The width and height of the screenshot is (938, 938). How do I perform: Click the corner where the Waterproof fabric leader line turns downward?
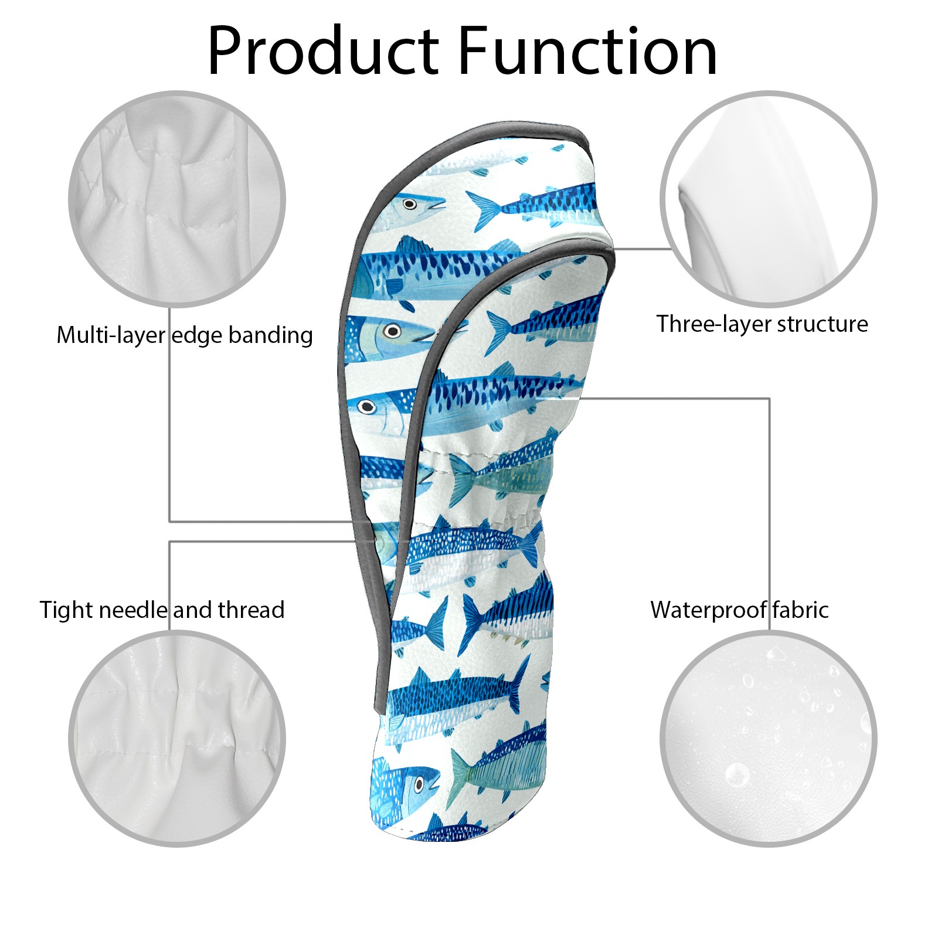pyautogui.click(x=769, y=399)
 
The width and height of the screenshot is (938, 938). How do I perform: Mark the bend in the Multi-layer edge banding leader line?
pyautogui.click(x=170, y=521)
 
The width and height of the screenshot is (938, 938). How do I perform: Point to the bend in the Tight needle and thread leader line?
pyautogui.click(x=170, y=542)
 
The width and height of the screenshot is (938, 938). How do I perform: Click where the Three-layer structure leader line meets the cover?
pyautogui.click(x=613, y=249)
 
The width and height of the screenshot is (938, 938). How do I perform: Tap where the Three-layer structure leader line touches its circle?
pyautogui.click(x=672, y=249)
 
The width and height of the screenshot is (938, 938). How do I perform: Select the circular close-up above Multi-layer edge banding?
pyautogui.click(x=177, y=199)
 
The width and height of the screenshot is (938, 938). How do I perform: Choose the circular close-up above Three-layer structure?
pyautogui.click(x=769, y=199)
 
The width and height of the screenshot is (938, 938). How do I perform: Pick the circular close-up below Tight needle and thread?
pyautogui.click(x=177, y=738)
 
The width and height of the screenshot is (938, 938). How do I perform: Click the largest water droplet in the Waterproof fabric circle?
pyautogui.click(x=737, y=775)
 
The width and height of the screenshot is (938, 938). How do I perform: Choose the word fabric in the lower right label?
pyautogui.click(x=800, y=610)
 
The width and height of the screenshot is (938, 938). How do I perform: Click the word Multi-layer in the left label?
pyautogui.click(x=111, y=336)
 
